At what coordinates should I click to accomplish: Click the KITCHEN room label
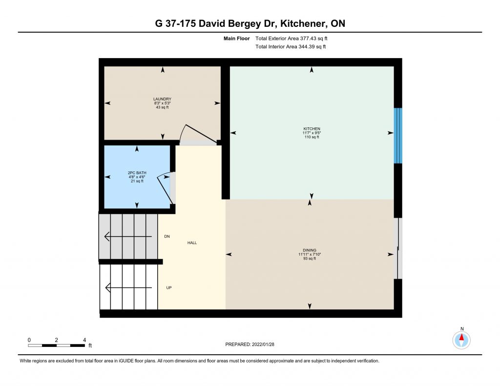(312, 129)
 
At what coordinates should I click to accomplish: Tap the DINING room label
(309, 250)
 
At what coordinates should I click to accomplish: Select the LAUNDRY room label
(162, 99)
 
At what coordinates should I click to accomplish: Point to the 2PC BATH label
(137, 173)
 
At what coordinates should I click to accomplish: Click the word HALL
(192, 243)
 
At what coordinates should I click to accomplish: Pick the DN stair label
(167, 237)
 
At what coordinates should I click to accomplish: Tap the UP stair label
(168, 288)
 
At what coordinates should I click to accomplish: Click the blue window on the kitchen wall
(398, 136)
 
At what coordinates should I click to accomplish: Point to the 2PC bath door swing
(165, 188)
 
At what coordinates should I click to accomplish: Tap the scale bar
(57, 345)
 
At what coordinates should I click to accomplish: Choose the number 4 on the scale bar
(84, 340)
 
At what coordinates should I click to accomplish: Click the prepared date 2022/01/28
(263, 344)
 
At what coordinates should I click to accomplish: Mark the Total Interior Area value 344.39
(306, 46)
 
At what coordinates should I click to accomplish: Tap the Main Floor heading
(237, 39)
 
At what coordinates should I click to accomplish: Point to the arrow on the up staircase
(128, 288)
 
